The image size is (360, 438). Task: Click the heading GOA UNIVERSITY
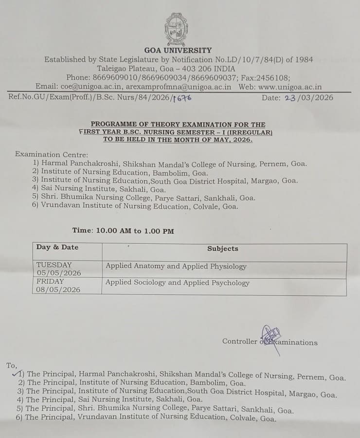tap(178, 50)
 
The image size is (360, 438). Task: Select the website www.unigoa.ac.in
tap(290, 87)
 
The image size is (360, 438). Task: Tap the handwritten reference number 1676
tap(183, 98)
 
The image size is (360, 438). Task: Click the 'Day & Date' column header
tap(57, 247)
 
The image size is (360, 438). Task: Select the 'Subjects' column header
tap(223, 248)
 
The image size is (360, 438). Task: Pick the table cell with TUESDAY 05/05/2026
tap(59, 269)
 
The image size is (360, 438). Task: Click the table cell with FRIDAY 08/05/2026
tap(59, 285)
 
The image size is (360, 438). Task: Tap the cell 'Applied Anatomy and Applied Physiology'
tap(176, 266)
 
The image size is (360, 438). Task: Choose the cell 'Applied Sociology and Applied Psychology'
tap(178, 283)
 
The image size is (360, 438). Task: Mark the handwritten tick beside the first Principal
tap(16, 373)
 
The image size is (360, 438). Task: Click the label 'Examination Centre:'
tap(52, 154)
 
